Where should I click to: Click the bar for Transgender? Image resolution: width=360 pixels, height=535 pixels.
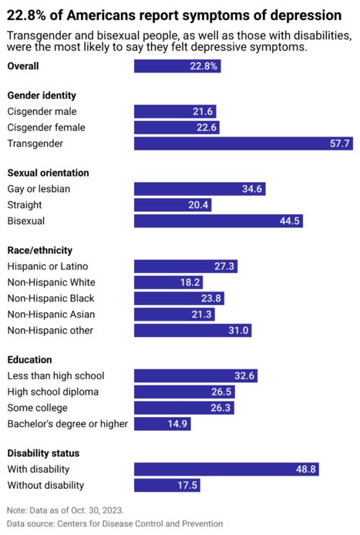pos(244,143)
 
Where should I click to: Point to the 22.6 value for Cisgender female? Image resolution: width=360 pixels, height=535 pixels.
pos(207,128)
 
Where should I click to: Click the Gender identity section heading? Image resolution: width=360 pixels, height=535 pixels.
pos(42,96)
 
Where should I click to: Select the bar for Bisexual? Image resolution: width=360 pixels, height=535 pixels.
pos(218,221)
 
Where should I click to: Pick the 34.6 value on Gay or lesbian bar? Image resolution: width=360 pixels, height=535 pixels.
pos(253,190)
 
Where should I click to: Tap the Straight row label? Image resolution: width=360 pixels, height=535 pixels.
pos(25,205)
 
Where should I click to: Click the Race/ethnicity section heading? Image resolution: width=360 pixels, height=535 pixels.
pos(40,251)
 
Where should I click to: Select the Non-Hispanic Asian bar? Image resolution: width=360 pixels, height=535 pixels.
pos(174,315)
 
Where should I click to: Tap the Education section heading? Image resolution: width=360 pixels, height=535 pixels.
pos(29,360)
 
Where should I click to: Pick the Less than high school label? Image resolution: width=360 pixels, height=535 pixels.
pos(56,376)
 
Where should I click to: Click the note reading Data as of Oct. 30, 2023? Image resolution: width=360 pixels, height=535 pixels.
pos(65,510)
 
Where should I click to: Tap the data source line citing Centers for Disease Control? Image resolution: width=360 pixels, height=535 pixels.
pos(115,524)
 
